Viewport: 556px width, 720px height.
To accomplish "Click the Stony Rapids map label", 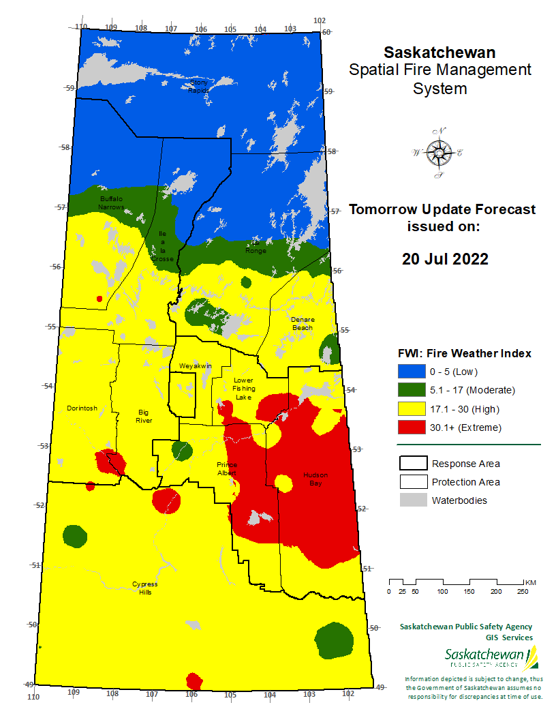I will tap(198, 86).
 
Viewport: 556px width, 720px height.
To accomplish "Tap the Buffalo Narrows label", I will tap(111, 202).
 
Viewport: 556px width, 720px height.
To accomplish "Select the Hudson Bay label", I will tap(315, 479).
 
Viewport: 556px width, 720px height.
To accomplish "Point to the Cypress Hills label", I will tap(144, 588).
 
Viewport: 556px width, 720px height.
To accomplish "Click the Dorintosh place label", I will tap(82, 408).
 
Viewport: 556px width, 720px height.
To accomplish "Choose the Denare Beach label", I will tap(302, 323).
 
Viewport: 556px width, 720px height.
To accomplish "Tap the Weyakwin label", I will tap(196, 366).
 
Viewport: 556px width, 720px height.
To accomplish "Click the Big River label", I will tap(144, 416).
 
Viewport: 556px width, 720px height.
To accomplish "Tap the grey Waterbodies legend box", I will tap(412, 500).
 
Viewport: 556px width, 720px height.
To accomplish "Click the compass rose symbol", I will tap(437, 153).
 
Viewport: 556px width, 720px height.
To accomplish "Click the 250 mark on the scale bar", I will tap(523, 590).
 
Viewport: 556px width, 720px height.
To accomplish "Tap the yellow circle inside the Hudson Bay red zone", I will tap(283, 483).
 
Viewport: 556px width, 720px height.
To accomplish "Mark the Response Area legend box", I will tap(412, 464).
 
